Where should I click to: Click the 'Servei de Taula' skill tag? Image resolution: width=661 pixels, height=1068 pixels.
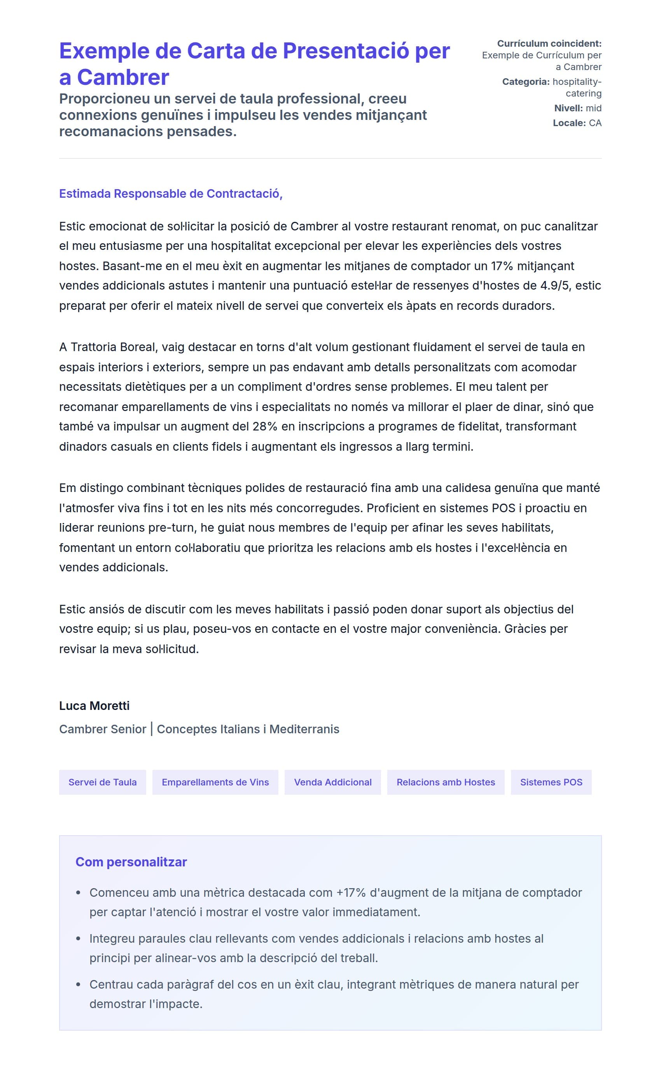tap(102, 782)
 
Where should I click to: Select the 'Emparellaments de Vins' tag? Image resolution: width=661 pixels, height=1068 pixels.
tap(215, 782)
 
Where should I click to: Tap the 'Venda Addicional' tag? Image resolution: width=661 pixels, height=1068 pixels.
tap(333, 782)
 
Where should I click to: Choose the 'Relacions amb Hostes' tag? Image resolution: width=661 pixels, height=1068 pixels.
tap(446, 782)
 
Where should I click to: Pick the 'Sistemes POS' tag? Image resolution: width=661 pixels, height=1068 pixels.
tap(551, 782)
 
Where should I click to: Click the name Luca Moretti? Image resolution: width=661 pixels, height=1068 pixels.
tap(94, 706)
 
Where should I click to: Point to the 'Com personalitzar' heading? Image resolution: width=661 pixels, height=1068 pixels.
tap(131, 861)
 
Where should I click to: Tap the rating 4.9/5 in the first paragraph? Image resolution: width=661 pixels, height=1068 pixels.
tap(556, 286)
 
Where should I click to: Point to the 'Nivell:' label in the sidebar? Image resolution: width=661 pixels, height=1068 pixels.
tap(568, 108)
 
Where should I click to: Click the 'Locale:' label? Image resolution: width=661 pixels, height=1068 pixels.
tap(569, 123)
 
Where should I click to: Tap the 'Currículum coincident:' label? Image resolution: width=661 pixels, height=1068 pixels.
tap(549, 44)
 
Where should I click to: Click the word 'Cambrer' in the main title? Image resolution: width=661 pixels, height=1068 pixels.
tap(123, 78)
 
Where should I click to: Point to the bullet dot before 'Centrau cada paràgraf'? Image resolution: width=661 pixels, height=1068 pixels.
tap(78, 984)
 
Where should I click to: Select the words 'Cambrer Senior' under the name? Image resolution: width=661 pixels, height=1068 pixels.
tap(103, 729)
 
